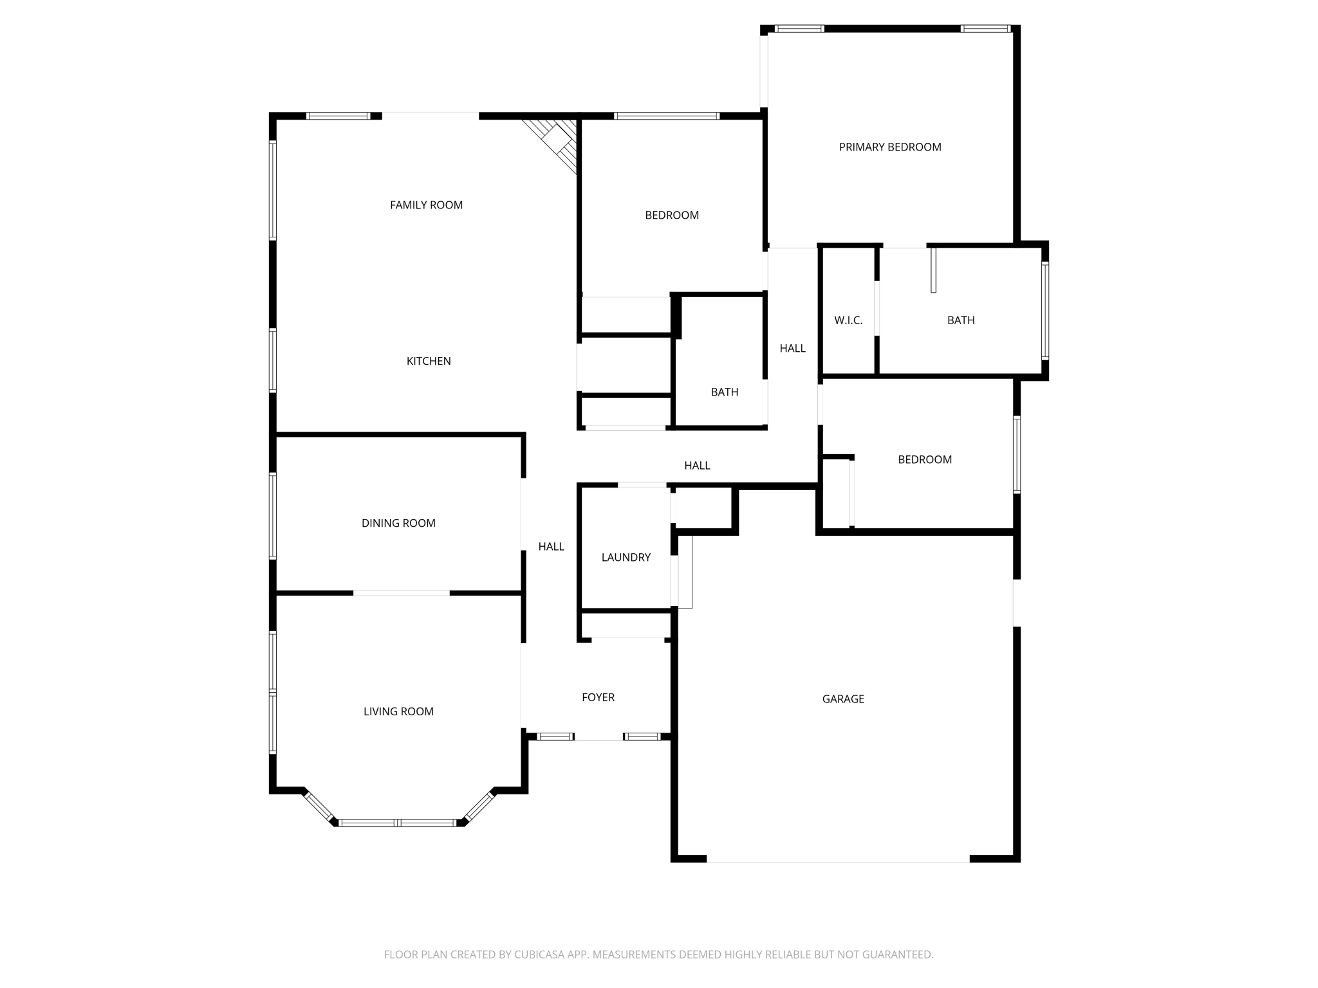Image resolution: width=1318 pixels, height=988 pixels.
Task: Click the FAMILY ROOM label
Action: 426,205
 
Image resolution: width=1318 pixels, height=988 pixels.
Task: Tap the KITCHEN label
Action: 429,361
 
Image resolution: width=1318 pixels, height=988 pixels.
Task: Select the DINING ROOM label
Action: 398,524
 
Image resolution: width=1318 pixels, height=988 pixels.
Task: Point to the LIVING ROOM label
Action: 398,711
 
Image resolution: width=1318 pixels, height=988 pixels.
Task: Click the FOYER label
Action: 598,697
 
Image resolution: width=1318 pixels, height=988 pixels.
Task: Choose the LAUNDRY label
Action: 626,558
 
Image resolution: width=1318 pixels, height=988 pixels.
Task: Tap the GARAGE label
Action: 843,699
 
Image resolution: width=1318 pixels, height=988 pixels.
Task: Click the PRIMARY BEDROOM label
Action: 890,147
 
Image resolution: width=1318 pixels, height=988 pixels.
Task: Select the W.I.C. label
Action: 848,320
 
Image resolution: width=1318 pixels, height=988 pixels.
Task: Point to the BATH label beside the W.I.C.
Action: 961,320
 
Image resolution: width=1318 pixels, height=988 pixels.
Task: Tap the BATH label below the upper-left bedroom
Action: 724,392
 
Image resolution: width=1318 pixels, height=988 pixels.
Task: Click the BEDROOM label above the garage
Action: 925,460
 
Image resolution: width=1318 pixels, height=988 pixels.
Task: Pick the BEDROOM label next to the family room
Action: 672,215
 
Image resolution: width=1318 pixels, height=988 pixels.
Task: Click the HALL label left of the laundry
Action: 551,547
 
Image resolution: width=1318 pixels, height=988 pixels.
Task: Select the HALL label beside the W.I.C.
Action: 792,349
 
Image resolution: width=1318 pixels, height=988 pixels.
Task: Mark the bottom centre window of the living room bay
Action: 398,823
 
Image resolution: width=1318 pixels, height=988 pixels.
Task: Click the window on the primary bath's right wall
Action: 1045,310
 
